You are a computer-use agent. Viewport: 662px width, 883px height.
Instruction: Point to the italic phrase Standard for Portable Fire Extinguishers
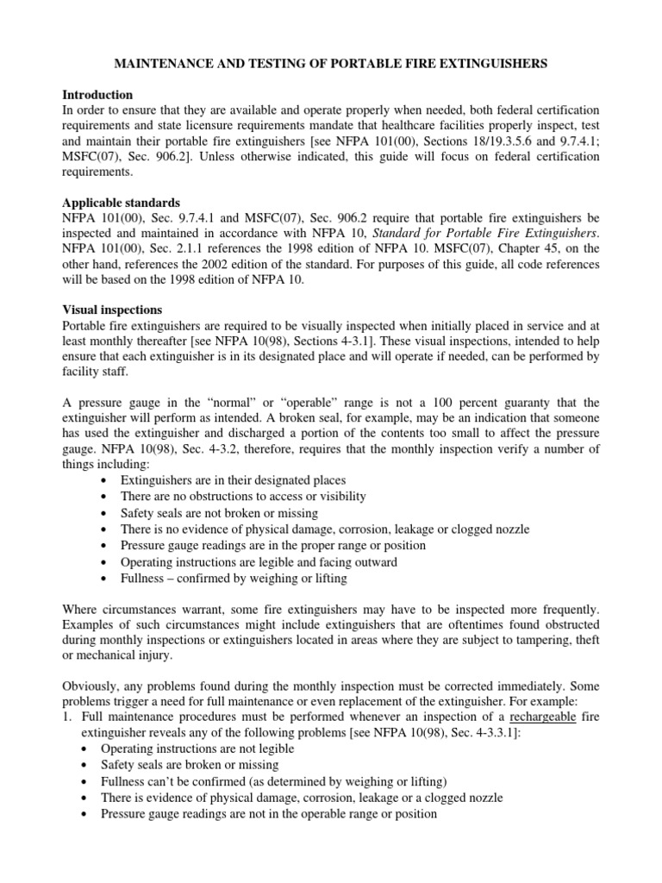click(x=489, y=233)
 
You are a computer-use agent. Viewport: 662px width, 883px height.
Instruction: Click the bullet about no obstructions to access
click(x=244, y=496)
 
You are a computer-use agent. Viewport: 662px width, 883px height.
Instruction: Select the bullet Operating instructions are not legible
click(x=197, y=748)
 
